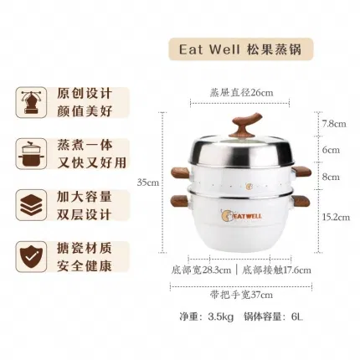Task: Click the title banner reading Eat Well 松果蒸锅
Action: [x=241, y=49]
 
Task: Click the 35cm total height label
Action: [x=148, y=183]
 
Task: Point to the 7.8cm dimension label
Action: [x=334, y=124]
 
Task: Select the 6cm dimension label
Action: [x=331, y=150]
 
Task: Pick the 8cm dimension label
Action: [x=331, y=177]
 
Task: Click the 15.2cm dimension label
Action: [x=336, y=217]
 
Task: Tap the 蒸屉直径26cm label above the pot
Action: [x=241, y=92]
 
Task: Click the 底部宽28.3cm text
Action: [x=201, y=270]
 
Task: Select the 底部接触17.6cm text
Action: [x=276, y=270]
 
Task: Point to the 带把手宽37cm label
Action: [x=241, y=295]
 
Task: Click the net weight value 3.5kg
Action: [x=220, y=316]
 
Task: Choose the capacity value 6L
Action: [x=297, y=316]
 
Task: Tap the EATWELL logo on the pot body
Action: [x=241, y=216]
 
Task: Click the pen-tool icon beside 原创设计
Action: [x=31, y=102]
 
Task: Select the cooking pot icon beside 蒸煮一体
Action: [x=31, y=154]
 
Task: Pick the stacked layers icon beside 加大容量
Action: [x=31, y=205]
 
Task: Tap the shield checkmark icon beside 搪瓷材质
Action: [x=31, y=256]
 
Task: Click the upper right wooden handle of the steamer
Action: [x=301, y=172]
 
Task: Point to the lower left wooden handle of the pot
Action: [x=180, y=202]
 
